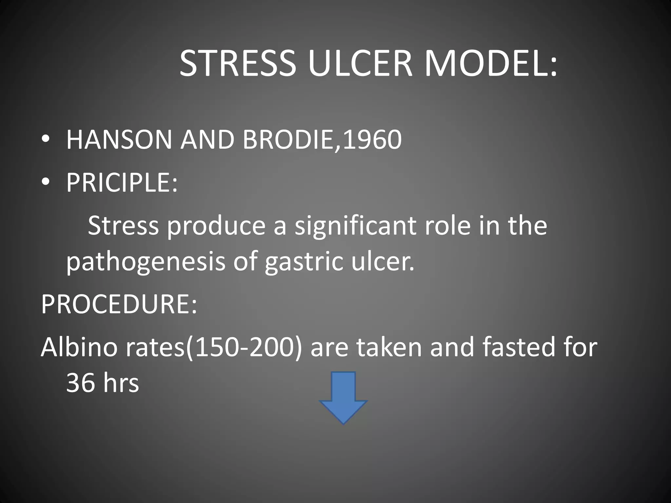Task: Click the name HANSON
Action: pos(119,140)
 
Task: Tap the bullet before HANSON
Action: pos(46,140)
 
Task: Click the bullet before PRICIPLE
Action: pos(46,182)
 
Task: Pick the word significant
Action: pos(355,226)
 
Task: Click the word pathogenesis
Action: pos(146,262)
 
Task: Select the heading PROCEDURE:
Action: pos(119,304)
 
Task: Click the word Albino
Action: pos(79,347)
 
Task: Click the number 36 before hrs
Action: pos(80,383)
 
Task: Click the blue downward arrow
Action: pos(343,398)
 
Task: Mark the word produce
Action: pos(217,226)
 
